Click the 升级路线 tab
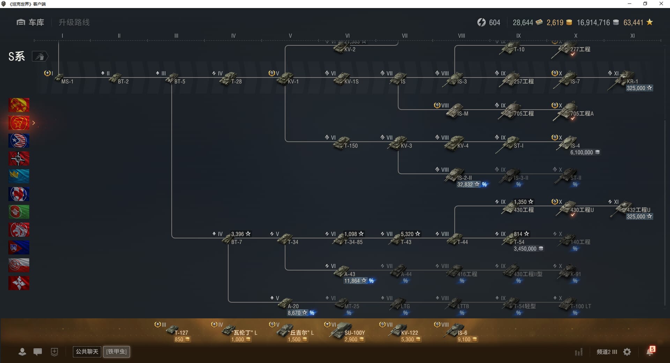pyautogui.click(x=74, y=22)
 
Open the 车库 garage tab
pyautogui.click(x=30, y=22)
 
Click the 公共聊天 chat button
pyautogui.click(x=87, y=351)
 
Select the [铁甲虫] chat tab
pyautogui.click(x=117, y=351)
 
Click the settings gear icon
pyautogui.click(x=627, y=352)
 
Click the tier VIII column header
pyautogui.click(x=461, y=36)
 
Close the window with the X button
pyautogui.click(x=661, y=4)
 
